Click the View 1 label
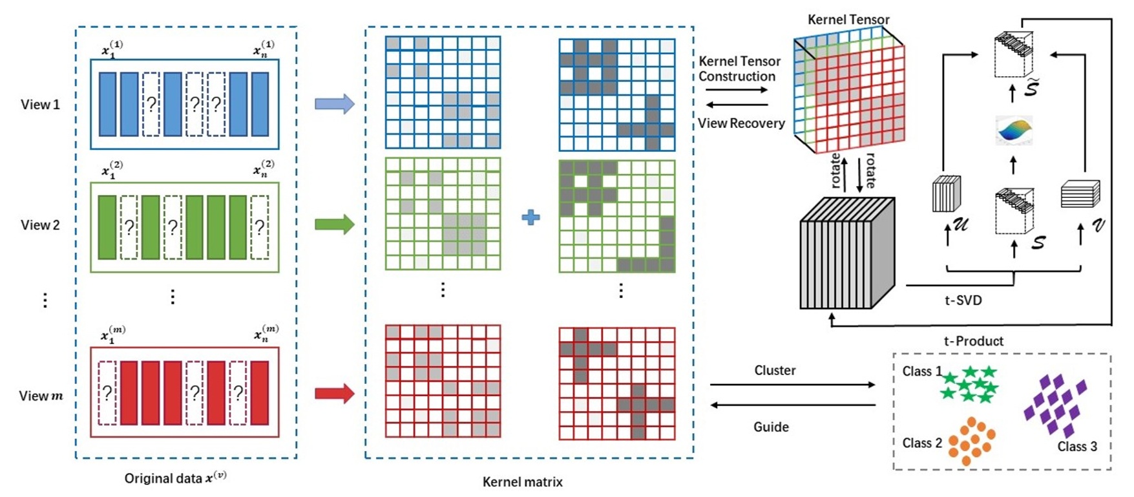click(40, 105)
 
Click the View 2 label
click(40, 225)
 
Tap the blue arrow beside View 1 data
click(334, 103)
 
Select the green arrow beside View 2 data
click(334, 224)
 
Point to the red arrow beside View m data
click(334, 393)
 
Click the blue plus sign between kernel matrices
click(530, 217)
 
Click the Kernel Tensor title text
click(848, 20)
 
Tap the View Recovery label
click(741, 123)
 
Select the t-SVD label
click(963, 301)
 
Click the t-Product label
click(973, 341)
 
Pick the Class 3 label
click(1076, 447)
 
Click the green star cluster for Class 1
click(969, 384)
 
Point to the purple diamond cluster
click(1055, 404)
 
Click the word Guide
click(770, 427)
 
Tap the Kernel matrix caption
click(522, 482)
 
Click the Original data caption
click(175, 479)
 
